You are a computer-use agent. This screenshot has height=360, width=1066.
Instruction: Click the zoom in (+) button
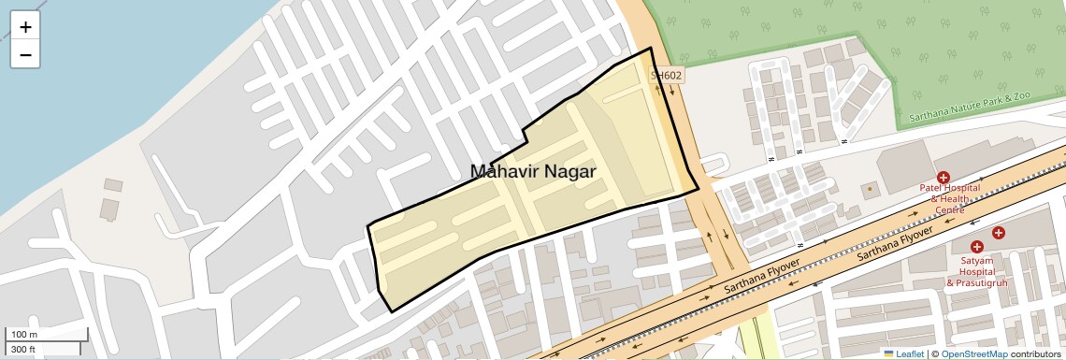point(25,27)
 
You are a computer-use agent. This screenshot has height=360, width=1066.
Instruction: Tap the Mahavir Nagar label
point(532,171)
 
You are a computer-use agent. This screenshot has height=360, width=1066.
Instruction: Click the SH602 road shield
point(667,75)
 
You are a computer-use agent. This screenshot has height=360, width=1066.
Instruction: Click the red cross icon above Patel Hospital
point(944,177)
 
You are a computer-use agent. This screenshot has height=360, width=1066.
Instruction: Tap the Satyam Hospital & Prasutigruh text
point(977,271)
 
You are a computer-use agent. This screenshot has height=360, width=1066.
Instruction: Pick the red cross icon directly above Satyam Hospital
point(976,246)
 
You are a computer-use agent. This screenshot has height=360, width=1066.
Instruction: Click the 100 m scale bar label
point(24,335)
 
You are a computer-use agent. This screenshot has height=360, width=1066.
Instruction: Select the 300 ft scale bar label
point(24,349)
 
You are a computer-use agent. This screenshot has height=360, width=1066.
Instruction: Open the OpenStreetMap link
point(974,353)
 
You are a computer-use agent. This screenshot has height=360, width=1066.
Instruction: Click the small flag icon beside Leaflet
point(889,353)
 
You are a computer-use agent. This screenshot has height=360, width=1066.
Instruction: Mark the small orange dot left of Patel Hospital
point(870,189)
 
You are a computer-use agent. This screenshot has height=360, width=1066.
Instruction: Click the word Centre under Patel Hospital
point(950,209)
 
